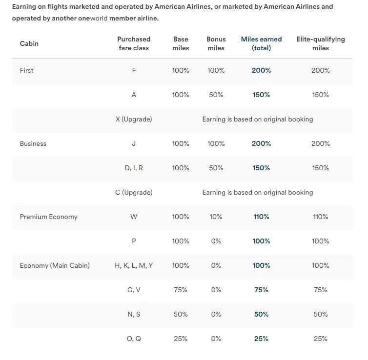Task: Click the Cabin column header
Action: coord(29,43)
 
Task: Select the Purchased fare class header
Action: coord(134,43)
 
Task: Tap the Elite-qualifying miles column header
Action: coord(320,43)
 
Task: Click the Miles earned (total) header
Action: coord(261,43)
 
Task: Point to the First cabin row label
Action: coord(26,70)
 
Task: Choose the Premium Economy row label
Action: coord(48,217)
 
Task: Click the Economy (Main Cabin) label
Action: coord(55,265)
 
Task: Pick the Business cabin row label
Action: coord(33,143)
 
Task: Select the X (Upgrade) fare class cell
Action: coord(134,119)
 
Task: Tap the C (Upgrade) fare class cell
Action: coord(134,192)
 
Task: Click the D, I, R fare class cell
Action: coord(134,168)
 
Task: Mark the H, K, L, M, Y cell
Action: coord(134,265)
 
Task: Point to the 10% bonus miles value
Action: coord(216,217)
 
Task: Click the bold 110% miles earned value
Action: coord(261,217)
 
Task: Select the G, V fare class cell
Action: coord(134,290)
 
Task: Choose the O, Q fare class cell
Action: coord(134,339)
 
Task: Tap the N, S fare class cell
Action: coord(134,314)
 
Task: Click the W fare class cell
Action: coord(134,217)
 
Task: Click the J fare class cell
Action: coord(134,143)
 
